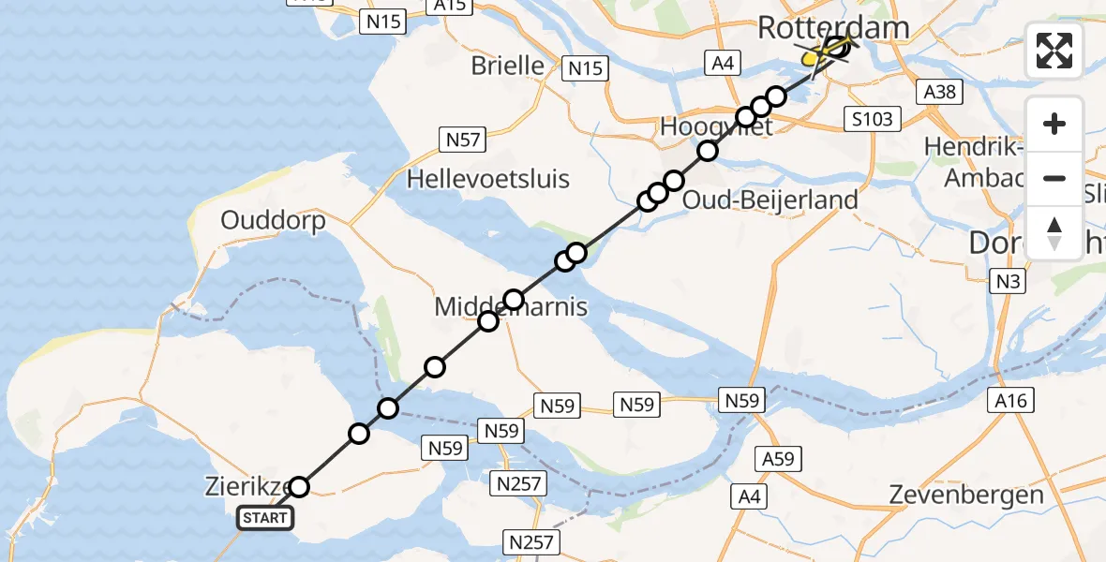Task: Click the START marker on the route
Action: pyautogui.click(x=266, y=518)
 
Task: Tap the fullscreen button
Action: pyautogui.click(x=1054, y=51)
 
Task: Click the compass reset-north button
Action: pyautogui.click(x=1054, y=232)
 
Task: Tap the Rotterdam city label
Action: pyautogui.click(x=832, y=27)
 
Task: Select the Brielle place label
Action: pyautogui.click(x=508, y=66)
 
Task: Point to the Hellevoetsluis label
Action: pyautogui.click(x=487, y=178)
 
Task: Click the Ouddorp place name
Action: pyautogui.click(x=273, y=221)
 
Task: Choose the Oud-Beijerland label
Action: pyautogui.click(x=770, y=200)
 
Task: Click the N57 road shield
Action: pyautogui.click(x=462, y=140)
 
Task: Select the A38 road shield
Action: pyautogui.click(x=939, y=92)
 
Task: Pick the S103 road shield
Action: pyautogui.click(x=872, y=119)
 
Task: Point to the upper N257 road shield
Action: pyautogui.click(x=517, y=482)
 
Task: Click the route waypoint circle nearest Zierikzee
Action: pyautogui.click(x=298, y=487)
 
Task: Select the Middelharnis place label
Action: pyautogui.click(x=511, y=307)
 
